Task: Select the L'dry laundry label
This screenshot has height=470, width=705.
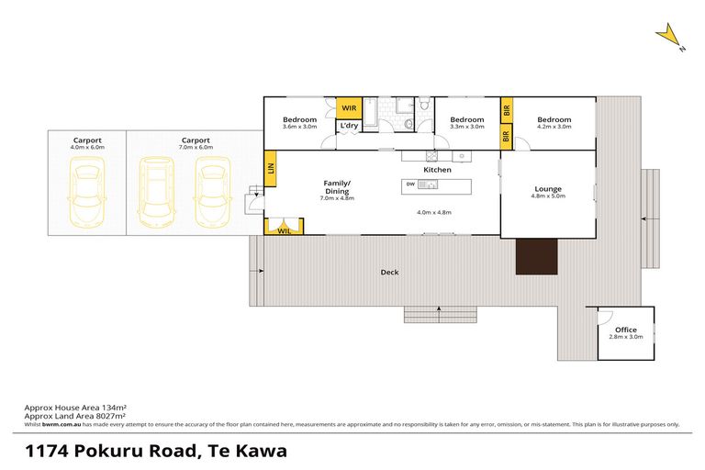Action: tap(349, 126)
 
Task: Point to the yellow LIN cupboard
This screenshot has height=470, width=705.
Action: tap(271, 169)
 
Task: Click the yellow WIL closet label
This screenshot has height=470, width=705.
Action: tap(284, 231)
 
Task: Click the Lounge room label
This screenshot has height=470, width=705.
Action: tap(548, 190)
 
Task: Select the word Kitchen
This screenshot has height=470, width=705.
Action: tap(437, 171)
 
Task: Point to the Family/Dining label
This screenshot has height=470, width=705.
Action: tap(337, 187)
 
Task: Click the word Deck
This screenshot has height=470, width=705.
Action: tap(390, 272)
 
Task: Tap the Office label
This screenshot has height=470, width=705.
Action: tap(625, 330)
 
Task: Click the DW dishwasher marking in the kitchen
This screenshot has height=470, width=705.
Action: tap(409, 185)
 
